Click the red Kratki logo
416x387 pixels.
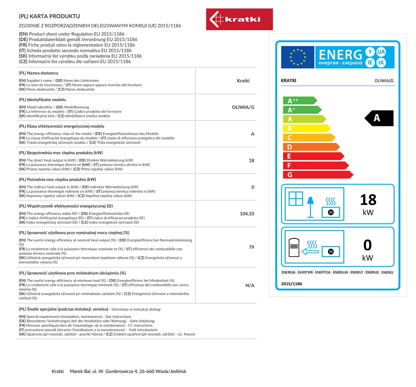[x=239, y=19]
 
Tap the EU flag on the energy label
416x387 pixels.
[x=297, y=57]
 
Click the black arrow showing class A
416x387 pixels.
[x=379, y=118]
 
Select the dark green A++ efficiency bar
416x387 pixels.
[x=299, y=101]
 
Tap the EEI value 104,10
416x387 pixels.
[x=247, y=214]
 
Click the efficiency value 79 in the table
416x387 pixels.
[x=251, y=247]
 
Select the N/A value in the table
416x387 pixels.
[x=250, y=286]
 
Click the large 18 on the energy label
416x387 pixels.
[x=368, y=200]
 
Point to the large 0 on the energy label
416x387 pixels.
[x=367, y=245]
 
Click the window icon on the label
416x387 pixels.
[x=296, y=198]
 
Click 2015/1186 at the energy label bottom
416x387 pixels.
[x=291, y=284]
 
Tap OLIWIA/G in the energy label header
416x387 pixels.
[x=384, y=81]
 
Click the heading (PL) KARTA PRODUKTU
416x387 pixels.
[x=49, y=16]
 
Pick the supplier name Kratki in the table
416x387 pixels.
[x=243, y=81]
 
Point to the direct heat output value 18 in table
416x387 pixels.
[x=251, y=161]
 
